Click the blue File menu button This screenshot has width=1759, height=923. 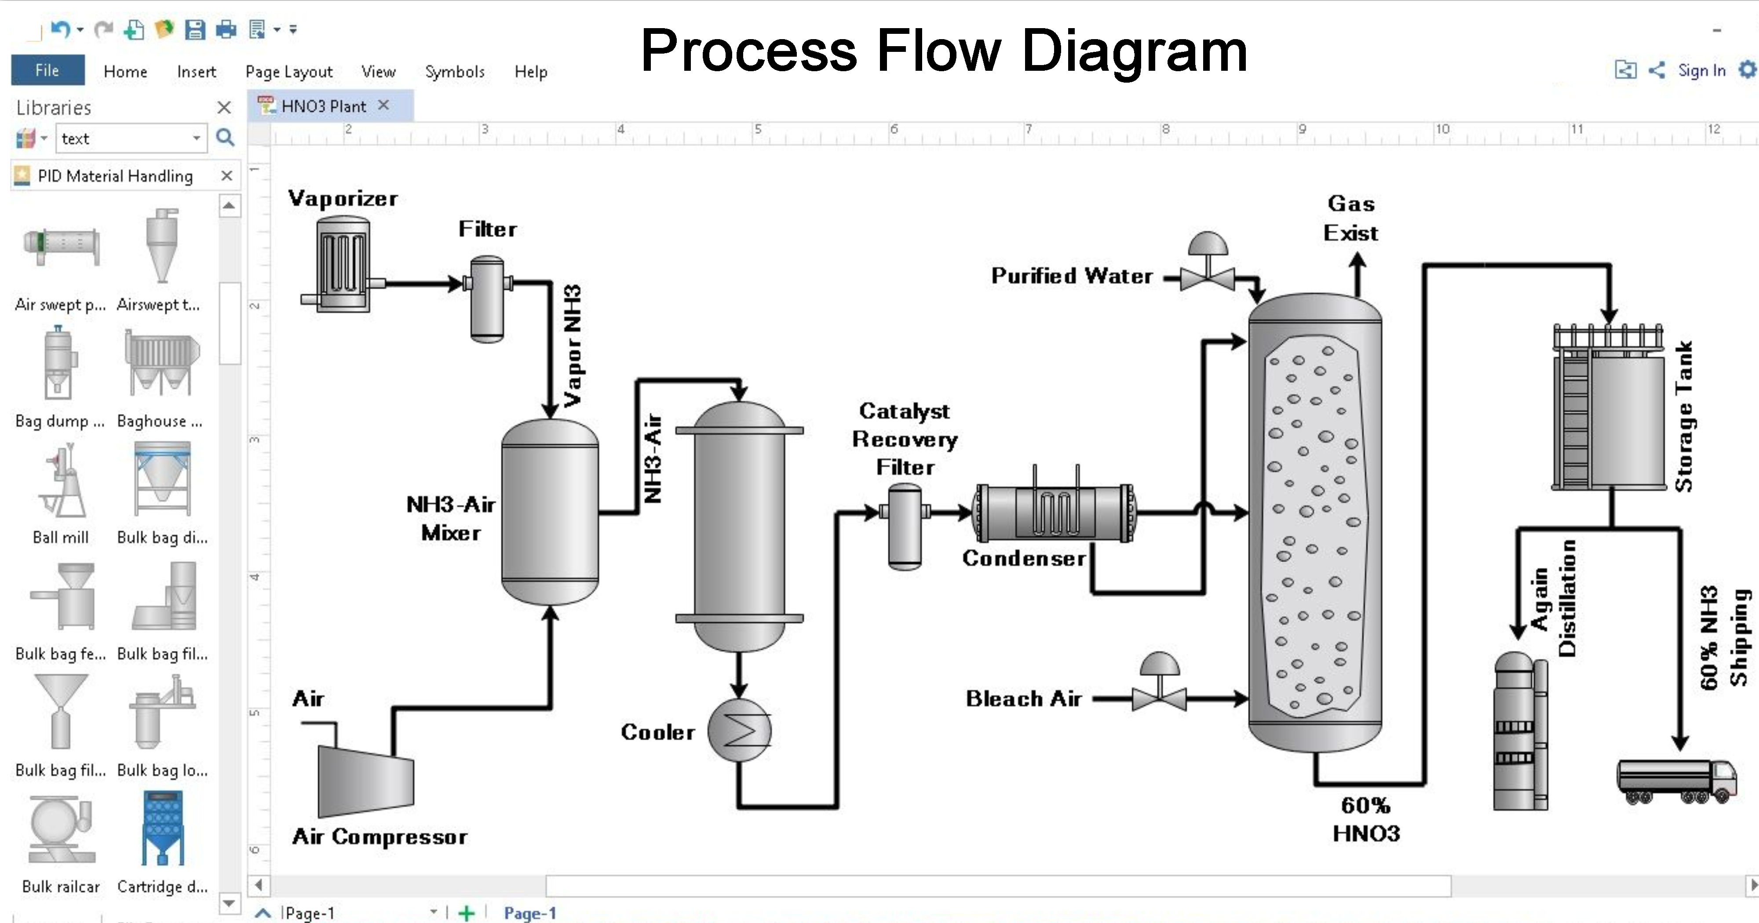pos(47,70)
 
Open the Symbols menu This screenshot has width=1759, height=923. pos(454,72)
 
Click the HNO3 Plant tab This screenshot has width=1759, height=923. pos(324,106)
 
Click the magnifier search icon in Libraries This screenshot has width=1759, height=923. pos(225,138)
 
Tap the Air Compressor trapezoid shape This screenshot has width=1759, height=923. pos(365,780)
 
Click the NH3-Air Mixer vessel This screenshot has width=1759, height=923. pos(550,512)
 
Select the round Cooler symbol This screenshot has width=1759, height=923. pos(739,730)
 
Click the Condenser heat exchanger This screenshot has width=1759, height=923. pos(1055,512)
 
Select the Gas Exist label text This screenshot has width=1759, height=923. pos(1350,218)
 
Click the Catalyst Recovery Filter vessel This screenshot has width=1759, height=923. pos(905,526)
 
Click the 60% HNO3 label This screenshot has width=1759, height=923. pos(1366,819)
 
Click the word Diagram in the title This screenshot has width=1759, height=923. pos(1134,51)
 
